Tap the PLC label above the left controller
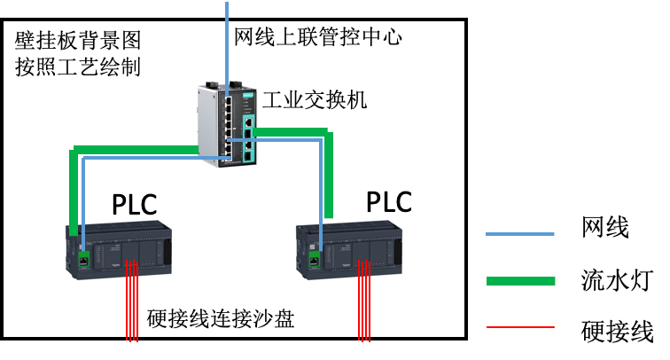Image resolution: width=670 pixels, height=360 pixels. (x=135, y=205)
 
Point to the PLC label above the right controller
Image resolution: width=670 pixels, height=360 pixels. (x=389, y=201)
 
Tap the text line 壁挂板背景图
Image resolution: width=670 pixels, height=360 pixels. (x=78, y=41)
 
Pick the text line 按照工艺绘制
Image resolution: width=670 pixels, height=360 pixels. (x=78, y=67)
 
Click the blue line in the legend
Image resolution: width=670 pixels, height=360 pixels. (x=520, y=234)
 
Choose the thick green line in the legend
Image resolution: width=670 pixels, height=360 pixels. (x=520, y=281)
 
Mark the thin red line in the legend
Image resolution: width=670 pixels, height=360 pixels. (x=520, y=327)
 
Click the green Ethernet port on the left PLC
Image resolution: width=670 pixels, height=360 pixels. (x=82, y=261)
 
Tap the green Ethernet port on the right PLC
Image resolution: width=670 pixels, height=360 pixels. (x=314, y=261)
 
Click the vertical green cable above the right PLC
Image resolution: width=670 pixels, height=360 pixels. (x=327, y=177)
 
